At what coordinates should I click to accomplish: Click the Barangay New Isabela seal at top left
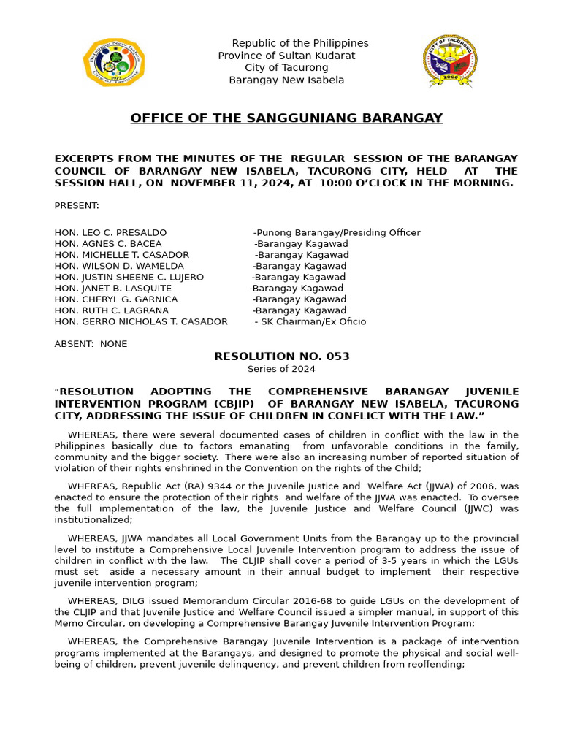pyautogui.click(x=114, y=62)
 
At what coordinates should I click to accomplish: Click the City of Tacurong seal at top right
pyautogui.click(x=451, y=61)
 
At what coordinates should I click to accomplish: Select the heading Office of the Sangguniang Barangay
pyautogui.click(x=286, y=118)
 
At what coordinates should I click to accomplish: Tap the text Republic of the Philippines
pyautogui.click(x=300, y=43)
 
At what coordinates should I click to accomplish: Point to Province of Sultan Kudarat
pyautogui.click(x=286, y=56)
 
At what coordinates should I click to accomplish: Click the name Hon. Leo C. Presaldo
pyautogui.click(x=110, y=232)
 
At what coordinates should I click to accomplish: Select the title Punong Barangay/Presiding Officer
pyautogui.click(x=337, y=232)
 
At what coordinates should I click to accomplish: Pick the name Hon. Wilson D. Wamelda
pyautogui.click(x=119, y=266)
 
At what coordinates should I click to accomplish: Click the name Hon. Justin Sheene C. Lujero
pyautogui.click(x=129, y=277)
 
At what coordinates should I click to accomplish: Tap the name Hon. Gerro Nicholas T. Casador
pyautogui.click(x=141, y=321)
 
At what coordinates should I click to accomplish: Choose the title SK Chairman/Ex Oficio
pyautogui.click(x=310, y=321)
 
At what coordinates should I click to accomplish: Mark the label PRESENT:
pyautogui.click(x=77, y=206)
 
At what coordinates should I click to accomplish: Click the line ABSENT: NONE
pyautogui.click(x=91, y=343)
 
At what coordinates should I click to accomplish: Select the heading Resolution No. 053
pyautogui.click(x=281, y=356)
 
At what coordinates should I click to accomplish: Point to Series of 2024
pyautogui.click(x=281, y=369)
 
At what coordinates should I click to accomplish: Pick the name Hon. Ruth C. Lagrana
pyautogui.click(x=111, y=310)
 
